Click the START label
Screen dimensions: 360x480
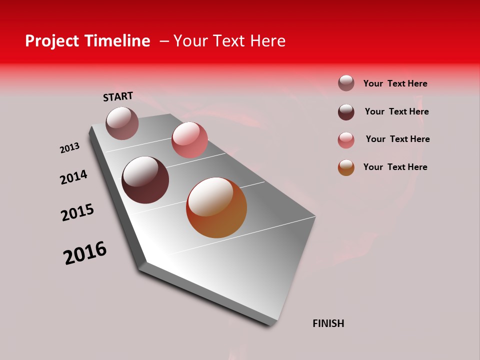coord(118,96)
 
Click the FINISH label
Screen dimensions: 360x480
coord(328,323)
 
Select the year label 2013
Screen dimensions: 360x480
coord(69,148)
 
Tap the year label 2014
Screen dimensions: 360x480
coord(73,177)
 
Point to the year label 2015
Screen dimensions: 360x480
coord(77,212)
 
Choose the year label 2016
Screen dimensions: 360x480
coord(85,252)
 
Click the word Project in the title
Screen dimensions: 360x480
coord(51,41)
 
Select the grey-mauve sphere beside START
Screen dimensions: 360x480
coord(122,123)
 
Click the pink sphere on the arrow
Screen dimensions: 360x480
coord(189,140)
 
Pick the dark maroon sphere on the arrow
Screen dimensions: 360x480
coord(145,180)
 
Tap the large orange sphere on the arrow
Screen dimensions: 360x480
coord(216,207)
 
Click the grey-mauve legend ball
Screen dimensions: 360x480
coord(346,83)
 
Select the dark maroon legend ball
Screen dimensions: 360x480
coord(346,112)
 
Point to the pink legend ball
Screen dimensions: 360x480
coord(346,140)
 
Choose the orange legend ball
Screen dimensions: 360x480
coord(346,167)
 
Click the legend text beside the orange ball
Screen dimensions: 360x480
coord(395,167)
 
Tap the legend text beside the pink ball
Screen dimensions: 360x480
coord(397,139)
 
